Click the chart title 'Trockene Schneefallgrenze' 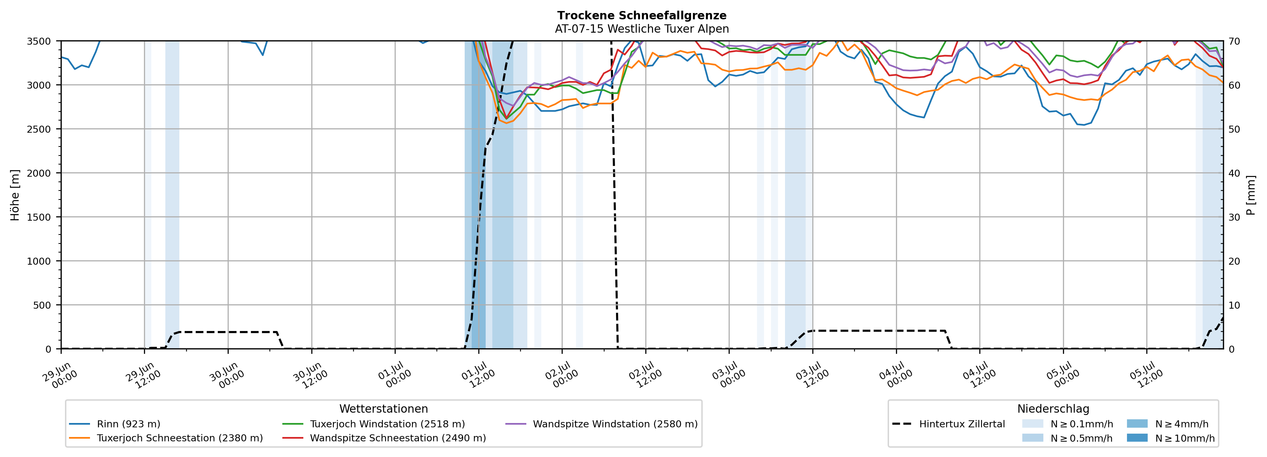pyautogui.click(x=642, y=16)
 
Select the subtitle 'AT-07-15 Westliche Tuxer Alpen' pyautogui.click(x=642, y=29)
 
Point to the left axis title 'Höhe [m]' pyautogui.click(x=15, y=195)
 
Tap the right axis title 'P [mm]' pyautogui.click(x=1251, y=195)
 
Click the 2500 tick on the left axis pyautogui.click(x=39, y=129)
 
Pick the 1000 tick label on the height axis pyautogui.click(x=39, y=261)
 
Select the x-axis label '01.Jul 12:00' pyautogui.click(x=478, y=375)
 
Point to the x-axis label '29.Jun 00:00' pyautogui.click(x=60, y=375)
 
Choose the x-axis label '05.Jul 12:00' pyautogui.click(x=1146, y=375)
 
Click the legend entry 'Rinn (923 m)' pyautogui.click(x=115, y=424)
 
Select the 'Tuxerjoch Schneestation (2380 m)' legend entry pyautogui.click(x=166, y=438)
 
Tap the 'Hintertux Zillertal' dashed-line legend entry pyautogui.click(x=948, y=424)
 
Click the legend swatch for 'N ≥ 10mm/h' pyautogui.click(x=1137, y=438)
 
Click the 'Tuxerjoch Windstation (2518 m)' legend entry pyautogui.click(x=374, y=424)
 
